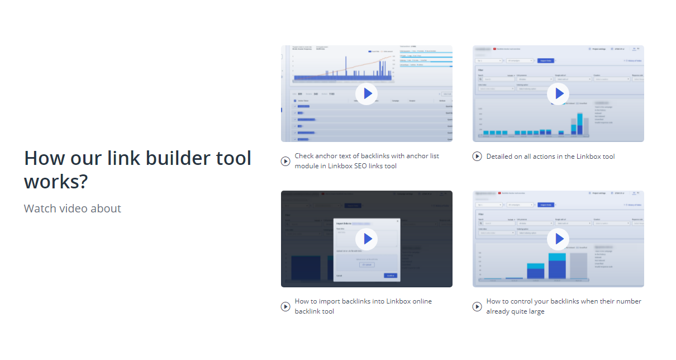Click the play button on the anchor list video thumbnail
point(366,93)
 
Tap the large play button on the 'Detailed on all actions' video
point(558,93)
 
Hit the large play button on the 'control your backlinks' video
point(558,239)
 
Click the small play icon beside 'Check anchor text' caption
point(285,162)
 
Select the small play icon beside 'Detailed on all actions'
point(477,157)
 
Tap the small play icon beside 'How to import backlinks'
point(285,306)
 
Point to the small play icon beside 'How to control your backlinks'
point(477,306)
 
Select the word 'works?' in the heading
point(56,182)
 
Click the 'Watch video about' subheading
point(73,209)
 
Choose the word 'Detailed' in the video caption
point(501,157)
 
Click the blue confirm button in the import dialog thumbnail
point(391,276)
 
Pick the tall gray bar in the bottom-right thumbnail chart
point(579,266)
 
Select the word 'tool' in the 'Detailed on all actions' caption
point(608,157)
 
